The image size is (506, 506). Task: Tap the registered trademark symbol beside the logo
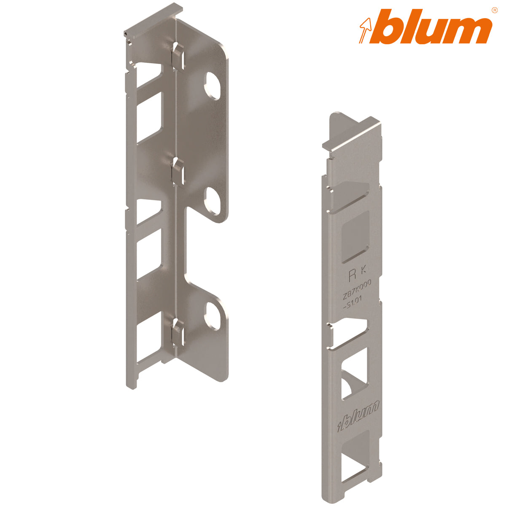coord(494,9)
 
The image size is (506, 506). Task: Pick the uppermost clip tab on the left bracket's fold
coord(178,55)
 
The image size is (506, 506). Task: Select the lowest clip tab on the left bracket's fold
coord(178,331)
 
